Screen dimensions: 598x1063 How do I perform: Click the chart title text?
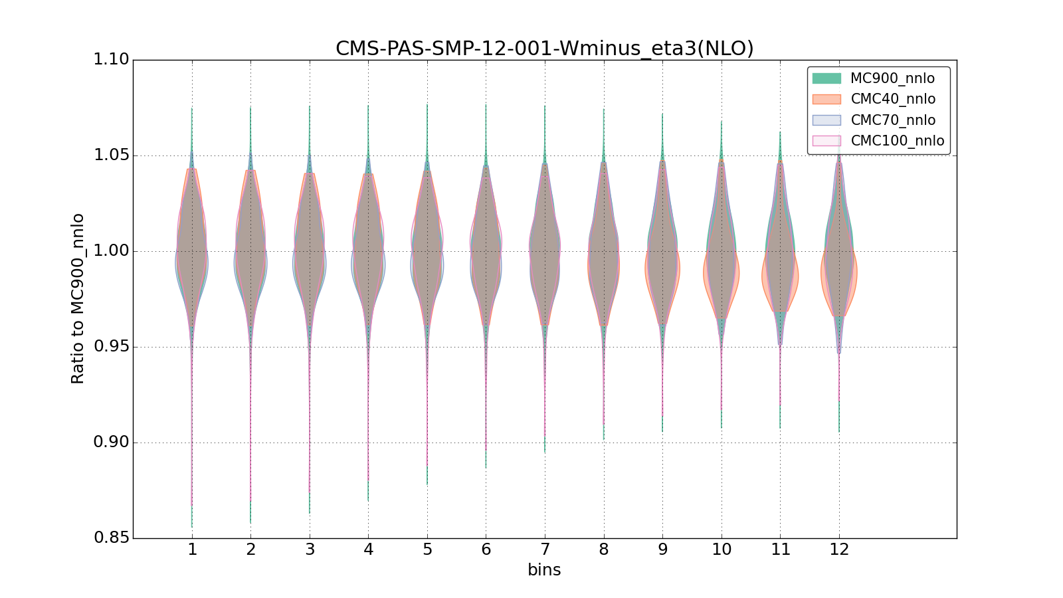pos(544,49)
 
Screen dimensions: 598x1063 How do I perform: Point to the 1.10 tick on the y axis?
pos(111,60)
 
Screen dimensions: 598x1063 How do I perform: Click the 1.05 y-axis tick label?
pos(111,155)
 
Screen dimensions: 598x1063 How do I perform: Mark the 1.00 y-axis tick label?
pos(111,251)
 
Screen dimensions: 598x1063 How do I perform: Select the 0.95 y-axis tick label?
pos(111,347)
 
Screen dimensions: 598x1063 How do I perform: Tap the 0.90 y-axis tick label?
pos(111,443)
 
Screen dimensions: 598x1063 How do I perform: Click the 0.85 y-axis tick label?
pos(111,538)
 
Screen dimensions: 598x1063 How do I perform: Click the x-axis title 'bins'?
pos(544,570)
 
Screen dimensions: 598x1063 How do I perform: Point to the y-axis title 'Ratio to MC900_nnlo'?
pos(78,298)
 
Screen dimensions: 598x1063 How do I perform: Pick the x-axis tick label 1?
pos(192,549)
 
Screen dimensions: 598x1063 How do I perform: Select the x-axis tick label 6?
pos(486,549)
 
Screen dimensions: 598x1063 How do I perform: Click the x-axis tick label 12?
pos(839,549)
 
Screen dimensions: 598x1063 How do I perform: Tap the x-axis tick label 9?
pos(662,549)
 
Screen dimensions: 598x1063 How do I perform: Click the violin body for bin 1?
pos(192,252)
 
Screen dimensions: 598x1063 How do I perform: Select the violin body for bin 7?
pos(545,252)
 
